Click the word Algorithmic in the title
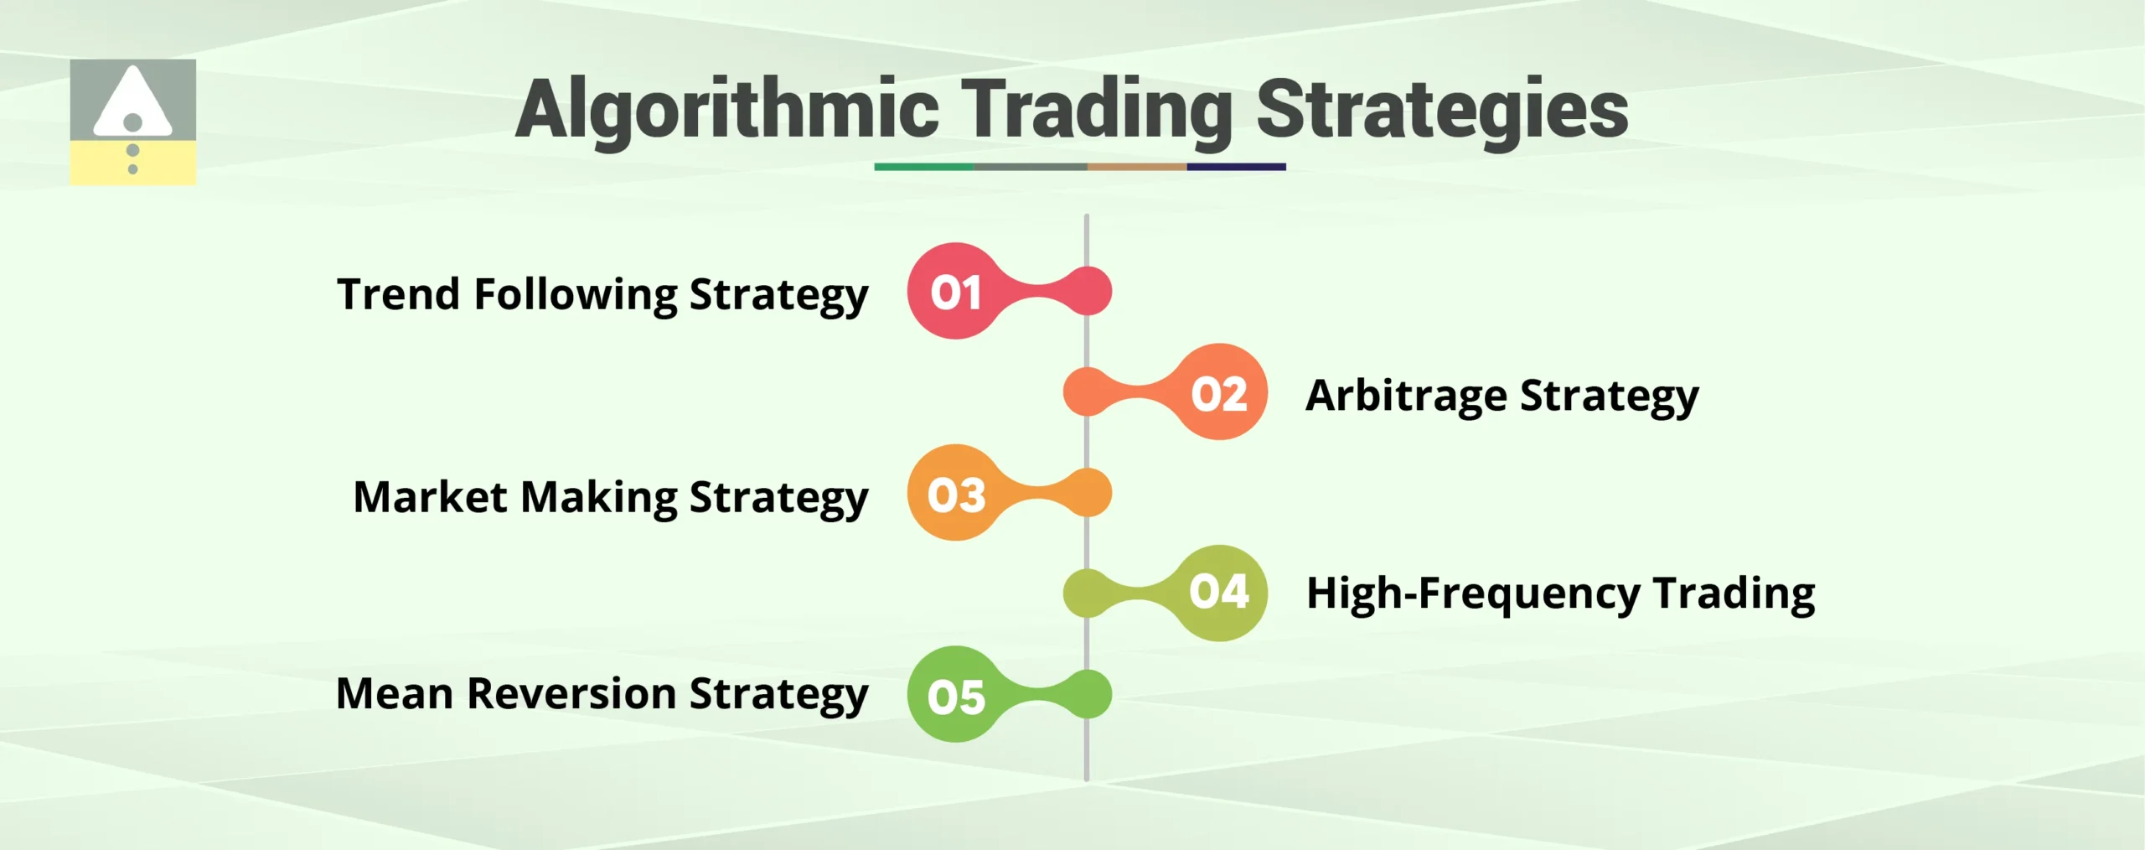(x=727, y=110)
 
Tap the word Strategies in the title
(x=1442, y=110)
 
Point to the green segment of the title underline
(x=923, y=167)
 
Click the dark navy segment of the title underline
(x=1236, y=167)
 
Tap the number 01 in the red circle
(x=955, y=293)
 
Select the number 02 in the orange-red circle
(x=1219, y=393)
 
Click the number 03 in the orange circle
(x=956, y=495)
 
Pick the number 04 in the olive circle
(x=1219, y=592)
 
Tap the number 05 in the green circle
(x=956, y=696)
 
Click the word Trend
(x=399, y=294)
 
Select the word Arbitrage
(x=1406, y=395)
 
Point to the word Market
(x=430, y=496)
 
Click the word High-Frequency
(x=1473, y=593)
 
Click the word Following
(x=576, y=294)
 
